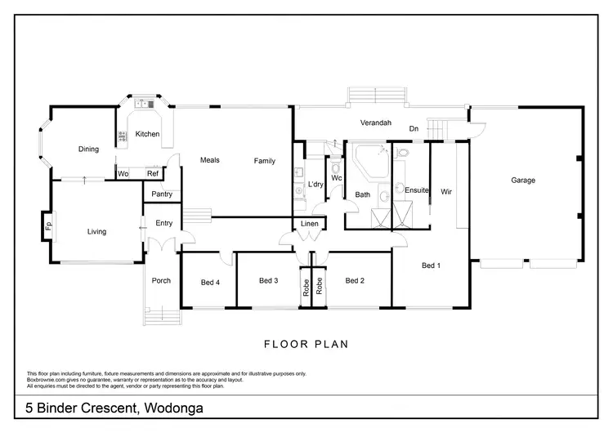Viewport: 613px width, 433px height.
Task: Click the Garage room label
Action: [x=523, y=180]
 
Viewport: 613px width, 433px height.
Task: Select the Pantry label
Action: [x=162, y=194]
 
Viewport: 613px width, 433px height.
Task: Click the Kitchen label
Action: [x=147, y=133]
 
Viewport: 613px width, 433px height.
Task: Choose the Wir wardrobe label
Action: [x=446, y=192]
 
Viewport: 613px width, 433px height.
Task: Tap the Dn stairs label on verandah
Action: [x=414, y=128]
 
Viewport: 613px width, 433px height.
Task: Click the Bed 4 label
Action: [x=210, y=283]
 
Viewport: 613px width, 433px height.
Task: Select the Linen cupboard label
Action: [x=309, y=224]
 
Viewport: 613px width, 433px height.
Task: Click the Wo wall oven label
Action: [x=123, y=174]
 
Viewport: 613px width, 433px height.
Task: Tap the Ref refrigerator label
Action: [x=151, y=174]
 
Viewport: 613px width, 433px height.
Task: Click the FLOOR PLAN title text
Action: [x=306, y=344]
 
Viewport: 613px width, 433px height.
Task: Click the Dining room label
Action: [x=88, y=150]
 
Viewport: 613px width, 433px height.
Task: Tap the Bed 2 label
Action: [x=354, y=281]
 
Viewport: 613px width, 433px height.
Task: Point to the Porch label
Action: [x=161, y=281]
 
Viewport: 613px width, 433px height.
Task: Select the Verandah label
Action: [x=376, y=123]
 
